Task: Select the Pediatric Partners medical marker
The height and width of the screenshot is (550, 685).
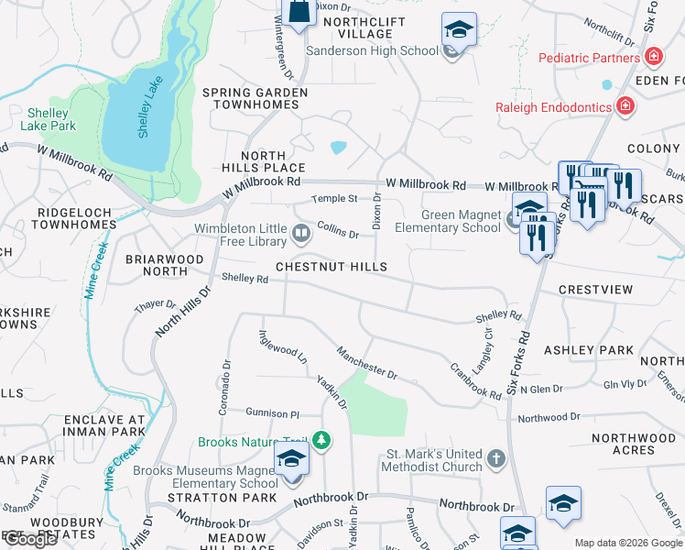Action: pos(653,58)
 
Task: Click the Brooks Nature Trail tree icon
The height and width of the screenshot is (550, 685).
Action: pos(321,441)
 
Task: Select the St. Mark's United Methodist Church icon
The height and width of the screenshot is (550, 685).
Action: pos(495,458)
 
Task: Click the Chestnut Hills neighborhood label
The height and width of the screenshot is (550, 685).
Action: pos(332,267)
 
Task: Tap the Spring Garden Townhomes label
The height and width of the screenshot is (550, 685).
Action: pos(251,99)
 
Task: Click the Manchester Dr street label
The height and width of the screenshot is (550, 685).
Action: pos(366,362)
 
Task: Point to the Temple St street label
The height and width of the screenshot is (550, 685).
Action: pos(333,198)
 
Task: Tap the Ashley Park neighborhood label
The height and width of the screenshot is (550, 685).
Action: pos(588,350)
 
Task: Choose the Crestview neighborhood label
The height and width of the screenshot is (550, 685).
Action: pos(595,290)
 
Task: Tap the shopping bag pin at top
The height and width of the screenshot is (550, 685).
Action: pos(299,13)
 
